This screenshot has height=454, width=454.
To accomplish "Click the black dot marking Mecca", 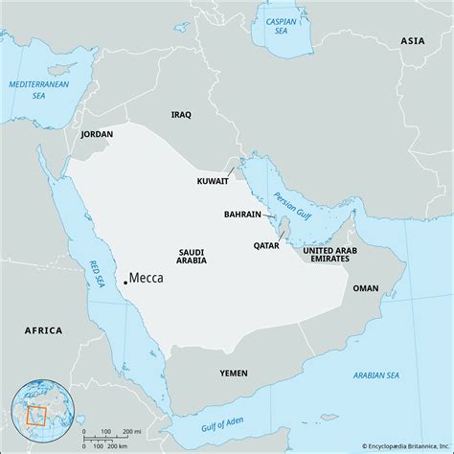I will pyautogui.click(x=125, y=283).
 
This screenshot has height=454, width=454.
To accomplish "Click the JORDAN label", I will pyautogui.click(x=98, y=135).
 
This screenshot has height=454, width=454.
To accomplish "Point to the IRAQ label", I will pyautogui.click(x=181, y=114).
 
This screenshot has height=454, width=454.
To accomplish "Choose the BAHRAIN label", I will pyautogui.click(x=243, y=215).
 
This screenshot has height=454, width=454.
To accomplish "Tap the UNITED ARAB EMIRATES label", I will pyautogui.click(x=329, y=255).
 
